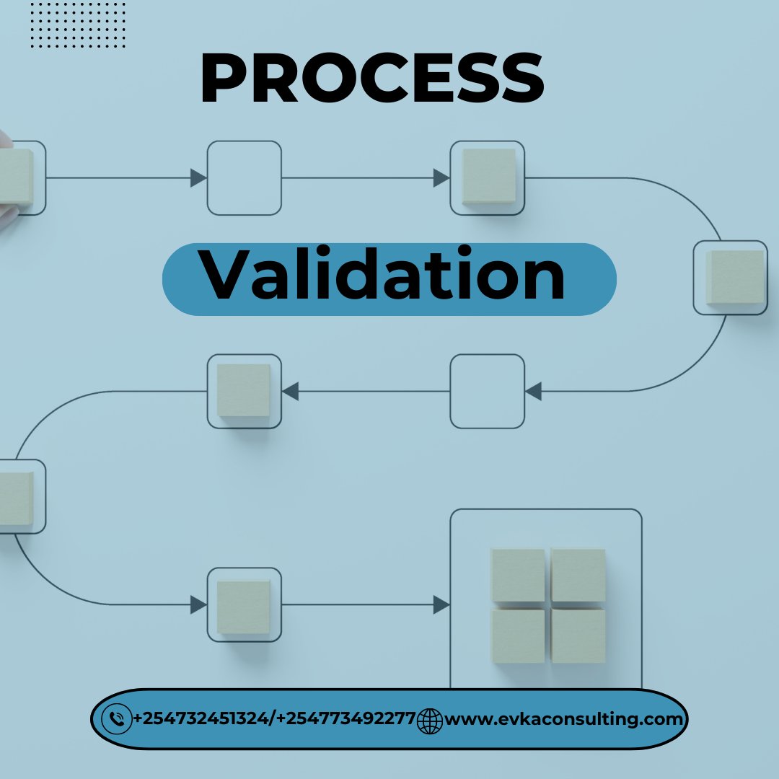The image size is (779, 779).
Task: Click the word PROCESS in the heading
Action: click(371, 80)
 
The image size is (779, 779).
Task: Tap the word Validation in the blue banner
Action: click(382, 276)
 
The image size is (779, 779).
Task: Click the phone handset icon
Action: click(116, 719)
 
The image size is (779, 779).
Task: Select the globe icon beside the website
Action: click(430, 720)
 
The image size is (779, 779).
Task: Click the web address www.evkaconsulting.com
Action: click(563, 718)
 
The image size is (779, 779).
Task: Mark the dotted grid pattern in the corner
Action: click(78, 25)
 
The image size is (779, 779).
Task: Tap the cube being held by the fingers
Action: click(14, 177)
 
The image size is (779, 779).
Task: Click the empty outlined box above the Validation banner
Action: click(244, 177)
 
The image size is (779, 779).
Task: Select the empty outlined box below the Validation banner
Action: click(487, 391)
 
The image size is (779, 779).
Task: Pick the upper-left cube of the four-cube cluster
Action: click(518, 575)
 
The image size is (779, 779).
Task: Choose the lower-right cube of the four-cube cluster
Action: click(578, 635)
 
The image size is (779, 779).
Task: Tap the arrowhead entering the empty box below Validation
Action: click(533, 391)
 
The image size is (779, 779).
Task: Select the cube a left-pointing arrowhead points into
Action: click(244, 390)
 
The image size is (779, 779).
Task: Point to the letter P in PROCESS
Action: click(220, 80)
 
